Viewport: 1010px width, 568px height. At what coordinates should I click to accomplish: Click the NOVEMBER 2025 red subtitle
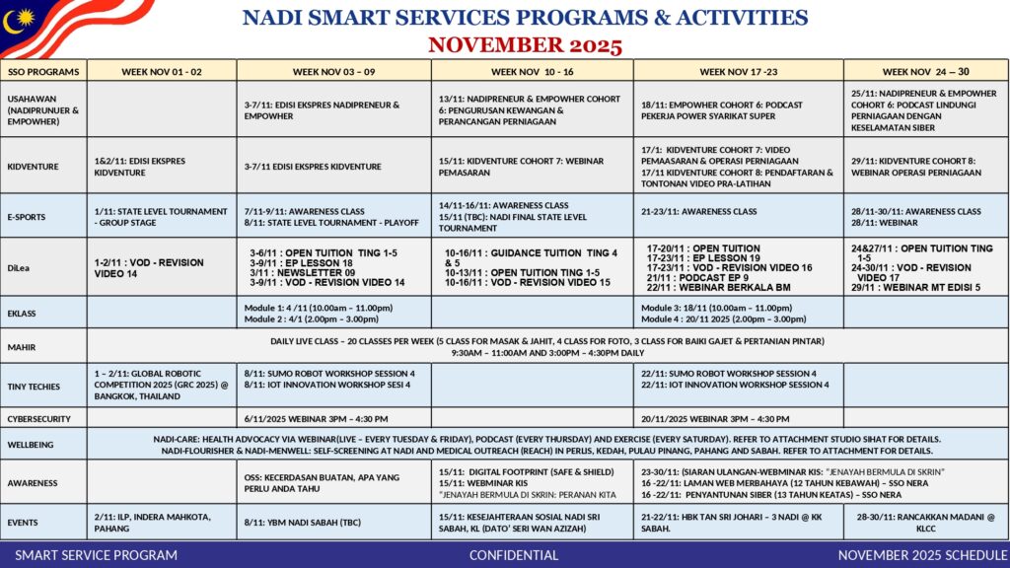coord(525,44)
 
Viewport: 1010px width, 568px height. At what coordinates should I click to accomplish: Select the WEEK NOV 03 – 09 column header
coord(333,71)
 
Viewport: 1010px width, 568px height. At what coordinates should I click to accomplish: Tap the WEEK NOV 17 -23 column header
coord(738,71)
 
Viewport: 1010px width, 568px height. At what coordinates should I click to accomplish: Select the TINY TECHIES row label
coord(34,386)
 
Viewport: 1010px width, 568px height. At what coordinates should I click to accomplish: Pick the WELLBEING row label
coord(32,444)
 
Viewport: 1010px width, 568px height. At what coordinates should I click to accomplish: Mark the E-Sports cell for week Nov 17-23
coord(738,212)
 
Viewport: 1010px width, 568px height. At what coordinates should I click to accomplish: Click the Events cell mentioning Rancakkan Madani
coord(925,522)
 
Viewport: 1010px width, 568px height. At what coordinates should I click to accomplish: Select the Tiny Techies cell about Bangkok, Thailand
coord(162,386)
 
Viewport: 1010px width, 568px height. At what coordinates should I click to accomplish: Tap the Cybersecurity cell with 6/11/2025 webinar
coord(333,418)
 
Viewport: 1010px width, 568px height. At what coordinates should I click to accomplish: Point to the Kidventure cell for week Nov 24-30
coord(925,166)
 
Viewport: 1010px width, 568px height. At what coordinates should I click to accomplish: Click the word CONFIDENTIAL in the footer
coord(513,555)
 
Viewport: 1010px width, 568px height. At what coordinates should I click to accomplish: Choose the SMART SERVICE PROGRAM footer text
coord(96,555)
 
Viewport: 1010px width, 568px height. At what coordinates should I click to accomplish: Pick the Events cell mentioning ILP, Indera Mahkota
coord(162,522)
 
